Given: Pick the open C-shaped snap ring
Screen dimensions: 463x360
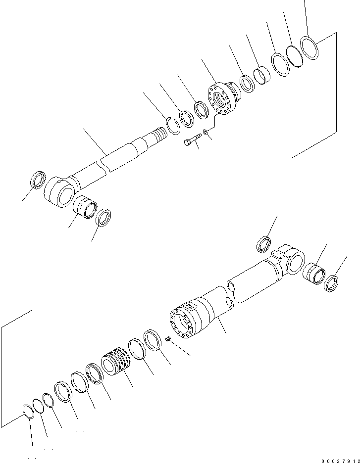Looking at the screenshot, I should click(172, 124).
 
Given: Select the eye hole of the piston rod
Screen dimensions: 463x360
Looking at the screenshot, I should click(64, 196).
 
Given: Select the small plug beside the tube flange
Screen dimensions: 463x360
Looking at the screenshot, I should click(168, 339).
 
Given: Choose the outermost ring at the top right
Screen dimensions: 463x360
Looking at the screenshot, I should click(310, 48).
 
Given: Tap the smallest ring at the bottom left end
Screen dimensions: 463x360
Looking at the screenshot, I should click(29, 412).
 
